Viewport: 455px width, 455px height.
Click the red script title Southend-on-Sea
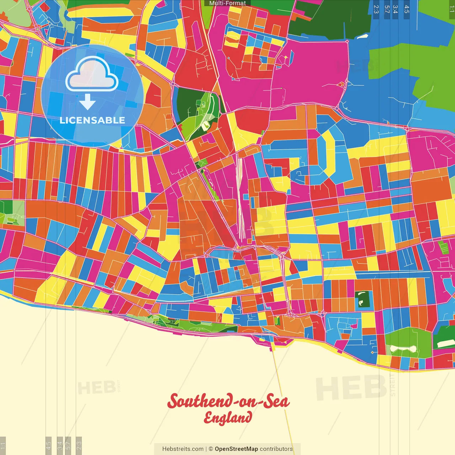point(228,402)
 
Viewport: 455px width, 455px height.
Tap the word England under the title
point(228,418)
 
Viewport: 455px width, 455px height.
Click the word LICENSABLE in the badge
point(92,120)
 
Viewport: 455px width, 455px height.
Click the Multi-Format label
point(227,3)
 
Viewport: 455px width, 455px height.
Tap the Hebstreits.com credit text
point(183,449)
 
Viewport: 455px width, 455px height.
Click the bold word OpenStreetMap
point(236,449)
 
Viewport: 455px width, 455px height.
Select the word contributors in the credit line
point(276,449)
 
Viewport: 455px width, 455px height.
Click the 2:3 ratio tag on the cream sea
point(79,445)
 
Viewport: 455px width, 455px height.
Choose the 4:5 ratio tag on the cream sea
point(48,445)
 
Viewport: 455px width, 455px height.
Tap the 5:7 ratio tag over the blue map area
point(387,9)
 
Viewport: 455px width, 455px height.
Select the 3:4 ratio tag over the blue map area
point(395,9)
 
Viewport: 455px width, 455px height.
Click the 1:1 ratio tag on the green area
point(452,9)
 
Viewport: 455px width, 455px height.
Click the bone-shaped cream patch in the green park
point(403,349)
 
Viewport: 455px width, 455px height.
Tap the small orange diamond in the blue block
point(372,352)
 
